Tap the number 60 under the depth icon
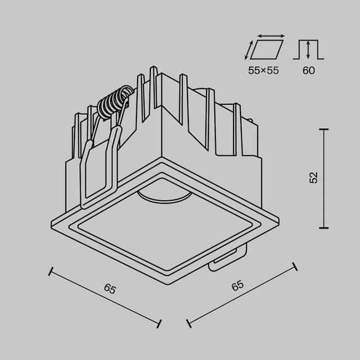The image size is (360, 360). [308, 70]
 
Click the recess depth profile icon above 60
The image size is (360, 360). [308, 49]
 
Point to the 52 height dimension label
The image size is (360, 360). [314, 177]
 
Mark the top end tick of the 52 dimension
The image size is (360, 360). [325, 129]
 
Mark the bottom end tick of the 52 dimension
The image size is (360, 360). [325, 228]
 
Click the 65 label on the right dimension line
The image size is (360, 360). [237, 285]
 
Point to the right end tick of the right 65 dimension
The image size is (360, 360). [294, 265]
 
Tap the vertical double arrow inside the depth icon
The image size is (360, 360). [308, 49]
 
